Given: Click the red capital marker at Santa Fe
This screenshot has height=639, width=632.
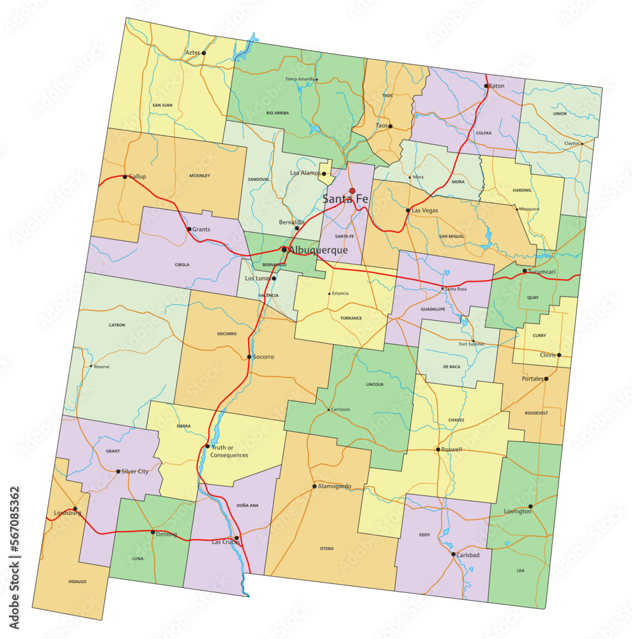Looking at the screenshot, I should [x=352, y=190].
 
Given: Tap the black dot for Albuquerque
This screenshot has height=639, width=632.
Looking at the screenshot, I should [x=284, y=250].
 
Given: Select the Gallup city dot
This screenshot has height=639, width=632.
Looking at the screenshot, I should [x=125, y=176].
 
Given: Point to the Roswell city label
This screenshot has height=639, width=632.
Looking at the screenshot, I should [x=451, y=449].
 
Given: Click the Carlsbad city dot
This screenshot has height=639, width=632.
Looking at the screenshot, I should [x=453, y=554].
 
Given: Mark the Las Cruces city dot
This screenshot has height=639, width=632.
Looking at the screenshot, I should [x=237, y=538].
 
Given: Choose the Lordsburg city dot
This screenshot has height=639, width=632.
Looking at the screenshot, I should [x=75, y=509].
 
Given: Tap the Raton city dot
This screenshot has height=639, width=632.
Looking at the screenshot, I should [x=486, y=86].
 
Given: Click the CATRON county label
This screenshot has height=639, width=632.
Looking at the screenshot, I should [x=117, y=325].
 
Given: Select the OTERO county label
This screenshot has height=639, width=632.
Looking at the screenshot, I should [x=327, y=548].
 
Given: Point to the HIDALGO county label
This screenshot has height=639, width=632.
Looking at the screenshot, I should [x=77, y=581].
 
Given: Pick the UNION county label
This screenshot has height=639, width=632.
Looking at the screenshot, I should [x=560, y=114].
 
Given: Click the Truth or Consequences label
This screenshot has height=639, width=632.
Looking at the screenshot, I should [x=230, y=451].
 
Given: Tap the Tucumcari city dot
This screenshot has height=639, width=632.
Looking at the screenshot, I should [x=525, y=271].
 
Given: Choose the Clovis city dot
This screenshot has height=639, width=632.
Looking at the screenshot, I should [x=559, y=355].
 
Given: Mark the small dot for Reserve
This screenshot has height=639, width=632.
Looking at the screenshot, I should [x=91, y=367].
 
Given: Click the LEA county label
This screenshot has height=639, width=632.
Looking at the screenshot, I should [x=521, y=571].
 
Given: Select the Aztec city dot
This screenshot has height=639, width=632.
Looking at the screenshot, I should [x=204, y=52].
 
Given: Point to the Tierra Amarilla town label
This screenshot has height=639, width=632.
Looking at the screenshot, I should [x=300, y=79].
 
